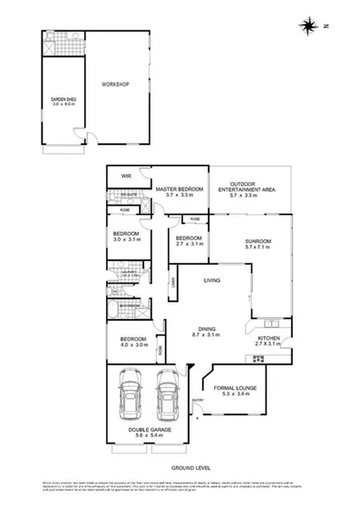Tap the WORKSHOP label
(x=116, y=84)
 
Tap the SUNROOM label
(x=258, y=240)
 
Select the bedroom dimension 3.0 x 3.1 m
(x=126, y=239)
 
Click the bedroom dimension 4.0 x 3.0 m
(x=132, y=344)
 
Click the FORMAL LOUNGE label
(x=235, y=388)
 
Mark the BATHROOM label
(x=130, y=305)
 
